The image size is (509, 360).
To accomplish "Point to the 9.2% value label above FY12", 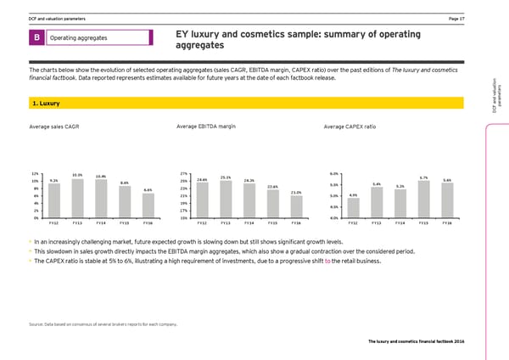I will [x=53, y=180].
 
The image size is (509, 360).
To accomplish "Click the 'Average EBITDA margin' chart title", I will [x=206, y=127].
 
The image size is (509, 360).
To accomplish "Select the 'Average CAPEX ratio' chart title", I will [x=350, y=127].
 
